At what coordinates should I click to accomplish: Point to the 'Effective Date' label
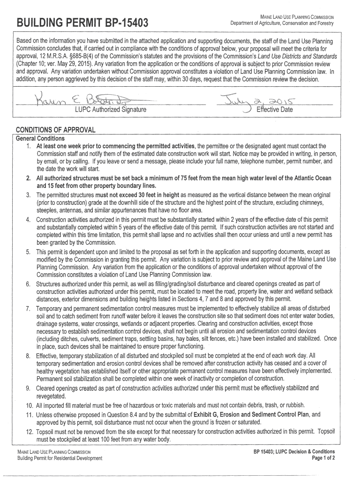274,110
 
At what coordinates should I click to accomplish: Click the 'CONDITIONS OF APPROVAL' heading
56,129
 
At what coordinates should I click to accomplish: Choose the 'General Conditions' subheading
40,139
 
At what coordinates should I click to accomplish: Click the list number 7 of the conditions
28,308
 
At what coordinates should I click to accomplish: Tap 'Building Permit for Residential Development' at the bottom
60,458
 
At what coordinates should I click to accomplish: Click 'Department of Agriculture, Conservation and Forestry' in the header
282,23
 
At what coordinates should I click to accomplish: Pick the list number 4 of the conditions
28,220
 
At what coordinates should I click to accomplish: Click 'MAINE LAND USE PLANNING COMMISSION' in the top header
297,17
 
